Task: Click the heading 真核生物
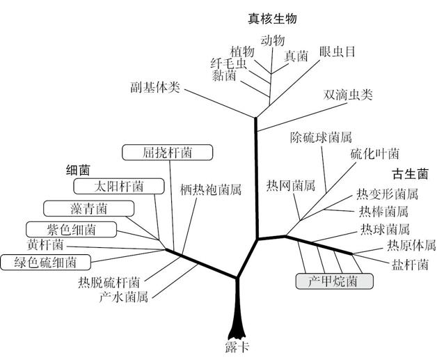(x=273, y=19)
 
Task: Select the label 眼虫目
(x=337, y=52)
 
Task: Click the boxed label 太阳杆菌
(x=119, y=186)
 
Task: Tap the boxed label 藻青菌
(x=88, y=208)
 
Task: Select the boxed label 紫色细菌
(x=70, y=229)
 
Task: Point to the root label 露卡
(x=237, y=347)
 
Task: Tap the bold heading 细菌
(x=79, y=169)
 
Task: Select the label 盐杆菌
(x=411, y=264)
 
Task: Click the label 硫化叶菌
(x=374, y=154)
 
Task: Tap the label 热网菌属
(x=291, y=186)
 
